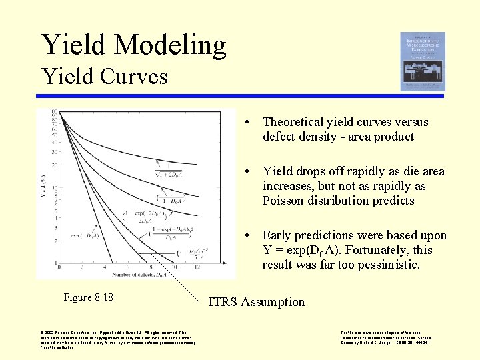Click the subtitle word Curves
[x=135, y=76]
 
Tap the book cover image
[x=422, y=61]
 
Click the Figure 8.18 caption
[x=88, y=297]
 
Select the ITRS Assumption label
[x=256, y=302]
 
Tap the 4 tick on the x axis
[x=105, y=267]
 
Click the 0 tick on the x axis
[x=59, y=267]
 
